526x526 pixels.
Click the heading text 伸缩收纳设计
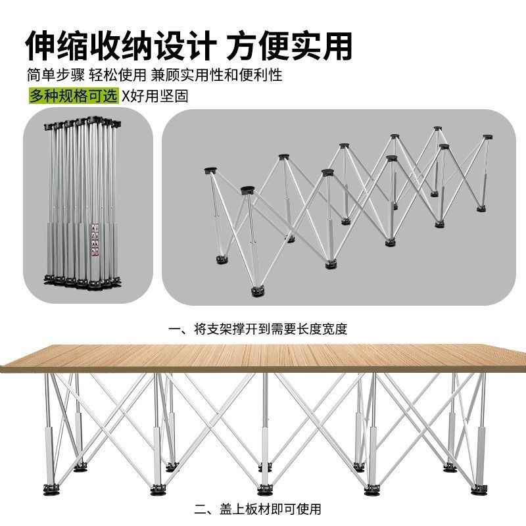pos(122,45)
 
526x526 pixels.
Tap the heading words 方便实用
pos(290,45)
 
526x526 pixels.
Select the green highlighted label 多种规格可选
pos(74,95)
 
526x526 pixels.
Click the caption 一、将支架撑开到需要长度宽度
pos(258,329)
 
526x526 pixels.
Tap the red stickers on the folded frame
pos(101,233)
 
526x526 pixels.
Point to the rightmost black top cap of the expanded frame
pos(487,137)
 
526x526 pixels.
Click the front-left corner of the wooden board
pos(5,368)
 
